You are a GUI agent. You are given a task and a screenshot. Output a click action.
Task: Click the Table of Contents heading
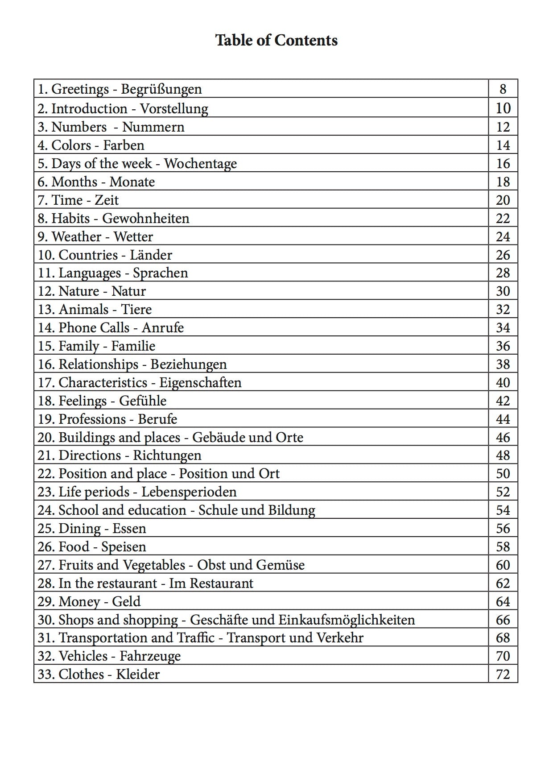276,41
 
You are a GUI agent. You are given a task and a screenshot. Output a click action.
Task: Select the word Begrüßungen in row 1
161,89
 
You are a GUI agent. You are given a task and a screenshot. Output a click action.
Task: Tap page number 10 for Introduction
503,108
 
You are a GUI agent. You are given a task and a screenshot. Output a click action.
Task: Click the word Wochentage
200,164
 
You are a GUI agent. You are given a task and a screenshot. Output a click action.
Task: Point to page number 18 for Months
503,182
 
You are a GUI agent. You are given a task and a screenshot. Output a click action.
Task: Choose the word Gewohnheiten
146,219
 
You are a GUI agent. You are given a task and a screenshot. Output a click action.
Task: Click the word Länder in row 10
151,255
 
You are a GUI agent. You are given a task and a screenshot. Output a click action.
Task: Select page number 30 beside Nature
503,291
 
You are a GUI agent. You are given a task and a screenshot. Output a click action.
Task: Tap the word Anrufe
163,328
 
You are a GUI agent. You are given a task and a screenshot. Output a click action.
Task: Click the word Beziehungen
189,364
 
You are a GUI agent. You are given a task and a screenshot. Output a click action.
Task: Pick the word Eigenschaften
200,383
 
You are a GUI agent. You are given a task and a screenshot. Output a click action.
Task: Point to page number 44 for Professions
503,419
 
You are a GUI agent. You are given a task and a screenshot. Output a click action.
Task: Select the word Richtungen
167,455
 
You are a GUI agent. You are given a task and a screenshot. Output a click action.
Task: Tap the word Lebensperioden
189,492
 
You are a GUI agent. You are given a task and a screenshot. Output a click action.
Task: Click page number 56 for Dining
503,529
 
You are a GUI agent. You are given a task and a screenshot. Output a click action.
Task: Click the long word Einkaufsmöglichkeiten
347,620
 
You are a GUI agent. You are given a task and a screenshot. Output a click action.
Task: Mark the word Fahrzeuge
150,656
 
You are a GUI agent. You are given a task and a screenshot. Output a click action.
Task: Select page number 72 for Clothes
503,674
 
